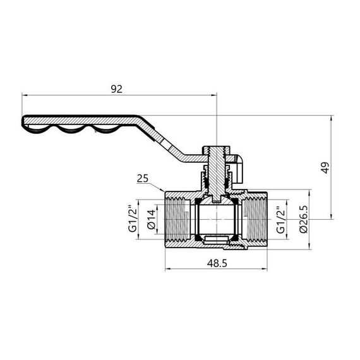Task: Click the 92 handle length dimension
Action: coord(116,89)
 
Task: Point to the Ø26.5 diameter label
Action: coord(304,219)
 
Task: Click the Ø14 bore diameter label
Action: coord(151,218)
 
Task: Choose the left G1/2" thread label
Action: coord(133,218)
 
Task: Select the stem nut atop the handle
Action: coord(216,151)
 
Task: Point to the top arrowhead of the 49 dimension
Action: coord(332,117)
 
